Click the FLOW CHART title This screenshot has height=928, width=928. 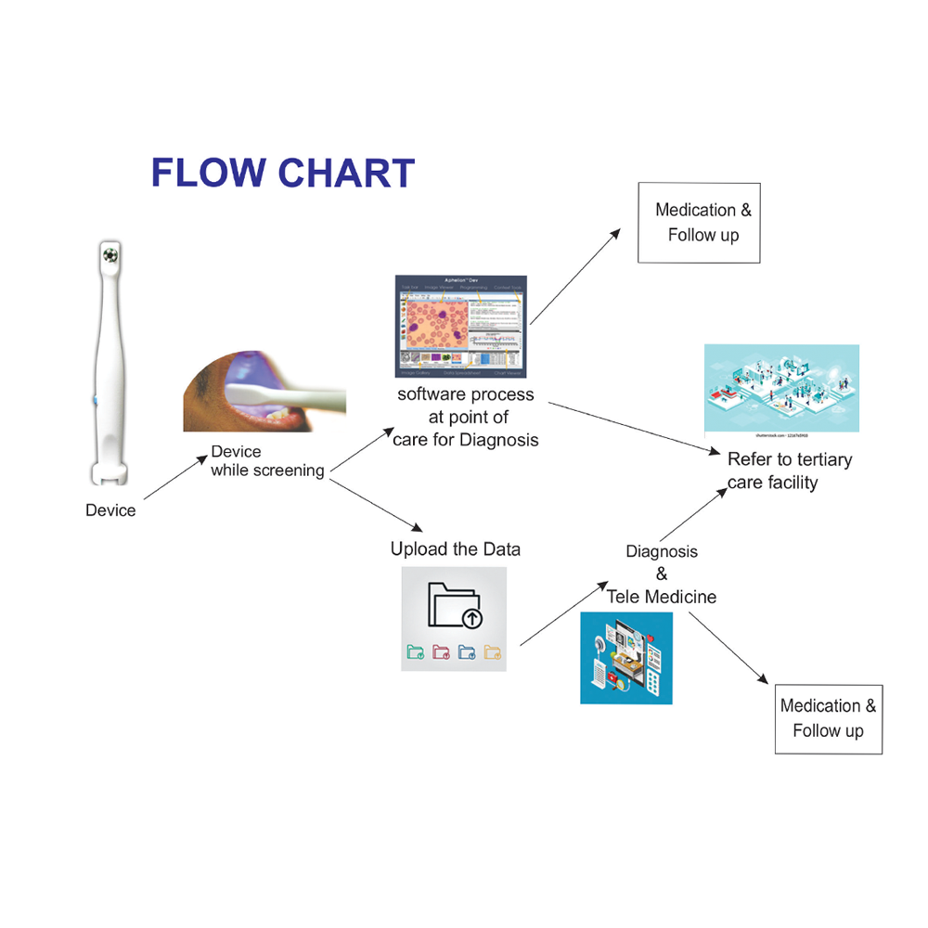[x=282, y=174]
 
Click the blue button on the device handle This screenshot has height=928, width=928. [x=96, y=401]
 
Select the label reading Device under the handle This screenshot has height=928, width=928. [x=110, y=510]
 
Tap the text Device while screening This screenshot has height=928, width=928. [x=266, y=461]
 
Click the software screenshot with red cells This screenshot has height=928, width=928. [x=460, y=326]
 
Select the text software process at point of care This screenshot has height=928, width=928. [x=466, y=417]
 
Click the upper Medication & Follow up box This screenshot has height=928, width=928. [x=699, y=223]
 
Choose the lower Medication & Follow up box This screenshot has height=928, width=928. [x=828, y=719]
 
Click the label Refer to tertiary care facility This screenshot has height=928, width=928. [x=789, y=470]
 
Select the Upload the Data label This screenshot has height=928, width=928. [x=455, y=549]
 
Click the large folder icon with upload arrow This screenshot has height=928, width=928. [x=455, y=604]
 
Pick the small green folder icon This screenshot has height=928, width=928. [x=415, y=652]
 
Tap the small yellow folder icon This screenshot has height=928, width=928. [x=493, y=652]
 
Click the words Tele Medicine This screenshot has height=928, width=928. [x=662, y=597]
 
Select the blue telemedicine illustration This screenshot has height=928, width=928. [x=626, y=657]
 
